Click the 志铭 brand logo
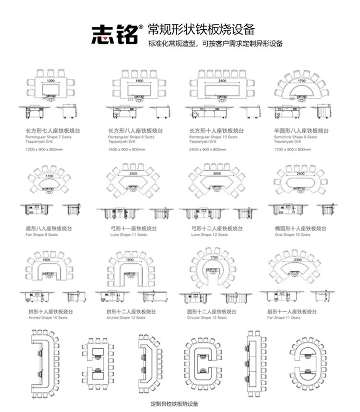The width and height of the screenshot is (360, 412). tap(115, 33)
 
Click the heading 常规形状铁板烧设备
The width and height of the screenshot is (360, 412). tap(201, 28)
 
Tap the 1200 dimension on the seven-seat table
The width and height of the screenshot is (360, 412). tap(50, 82)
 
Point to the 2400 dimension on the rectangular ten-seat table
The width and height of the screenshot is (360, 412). tap(222, 82)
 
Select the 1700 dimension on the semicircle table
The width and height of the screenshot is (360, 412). tap(301, 82)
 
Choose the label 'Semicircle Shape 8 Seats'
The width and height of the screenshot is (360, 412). tap(295, 137)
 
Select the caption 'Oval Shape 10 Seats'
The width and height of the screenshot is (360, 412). tap(292, 235)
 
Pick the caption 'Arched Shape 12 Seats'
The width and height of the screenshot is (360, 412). tap(126, 318)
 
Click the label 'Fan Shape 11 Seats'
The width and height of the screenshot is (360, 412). tap(284, 318)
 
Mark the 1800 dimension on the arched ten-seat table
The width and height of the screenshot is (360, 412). tap(46, 259)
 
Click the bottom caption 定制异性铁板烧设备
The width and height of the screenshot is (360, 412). tap(174, 404)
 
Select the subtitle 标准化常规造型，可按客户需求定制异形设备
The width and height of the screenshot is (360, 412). tap(216, 44)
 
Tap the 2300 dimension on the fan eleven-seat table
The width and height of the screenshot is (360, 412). tap(298, 259)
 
